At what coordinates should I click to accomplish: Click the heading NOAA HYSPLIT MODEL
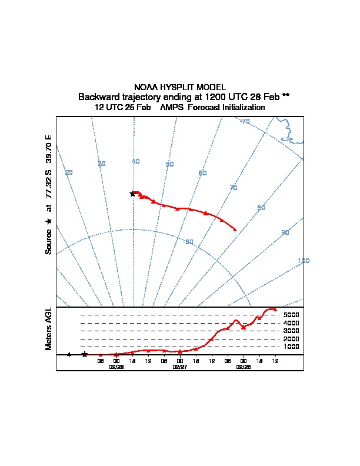(179, 87)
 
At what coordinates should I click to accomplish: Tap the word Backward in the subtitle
(97, 96)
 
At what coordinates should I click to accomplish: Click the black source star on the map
(132, 194)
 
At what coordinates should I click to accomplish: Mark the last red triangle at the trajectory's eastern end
(235, 229)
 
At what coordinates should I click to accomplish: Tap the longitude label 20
(69, 172)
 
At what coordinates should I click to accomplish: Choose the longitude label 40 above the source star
(136, 161)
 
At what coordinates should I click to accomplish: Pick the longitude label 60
(202, 173)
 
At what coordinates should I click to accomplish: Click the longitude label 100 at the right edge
(304, 261)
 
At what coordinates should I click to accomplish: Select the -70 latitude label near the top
(245, 121)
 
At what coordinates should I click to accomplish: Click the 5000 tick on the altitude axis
(291, 315)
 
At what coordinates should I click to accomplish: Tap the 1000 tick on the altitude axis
(291, 347)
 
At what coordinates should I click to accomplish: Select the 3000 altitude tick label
(291, 331)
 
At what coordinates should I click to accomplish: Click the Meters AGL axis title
(49, 329)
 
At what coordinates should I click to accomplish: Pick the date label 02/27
(180, 367)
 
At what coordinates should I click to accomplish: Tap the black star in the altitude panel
(85, 354)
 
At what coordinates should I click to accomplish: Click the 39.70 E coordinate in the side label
(49, 149)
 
